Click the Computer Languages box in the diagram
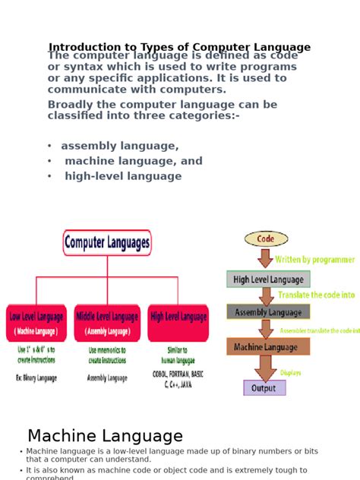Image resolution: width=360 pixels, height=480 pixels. (107, 243)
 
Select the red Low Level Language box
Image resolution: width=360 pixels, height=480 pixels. (36, 324)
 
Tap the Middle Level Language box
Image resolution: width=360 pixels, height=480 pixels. (107, 324)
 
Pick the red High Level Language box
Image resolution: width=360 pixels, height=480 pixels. (178, 324)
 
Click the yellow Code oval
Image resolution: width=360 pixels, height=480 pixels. (266, 238)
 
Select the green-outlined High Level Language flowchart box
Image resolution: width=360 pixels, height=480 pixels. (268, 279)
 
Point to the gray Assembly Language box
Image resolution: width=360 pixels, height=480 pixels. (268, 312)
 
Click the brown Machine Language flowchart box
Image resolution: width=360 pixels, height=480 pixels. (268, 346)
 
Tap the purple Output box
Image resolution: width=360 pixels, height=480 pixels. (264, 388)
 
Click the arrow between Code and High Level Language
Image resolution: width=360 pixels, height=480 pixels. (266, 258)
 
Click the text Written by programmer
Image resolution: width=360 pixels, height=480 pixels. (314, 260)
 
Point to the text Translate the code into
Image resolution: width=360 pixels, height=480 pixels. (316, 295)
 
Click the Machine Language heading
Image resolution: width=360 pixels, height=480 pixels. (105, 436)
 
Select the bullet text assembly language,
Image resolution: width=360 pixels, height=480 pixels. (120, 146)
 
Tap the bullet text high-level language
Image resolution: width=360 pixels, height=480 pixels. (123, 176)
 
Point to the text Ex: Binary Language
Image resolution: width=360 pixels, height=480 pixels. (36, 377)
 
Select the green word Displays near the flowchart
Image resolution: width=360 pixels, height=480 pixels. (290, 373)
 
